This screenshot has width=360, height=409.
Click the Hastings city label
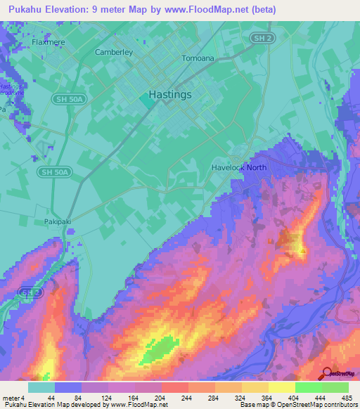click(x=170, y=95)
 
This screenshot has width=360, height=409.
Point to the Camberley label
click(x=114, y=52)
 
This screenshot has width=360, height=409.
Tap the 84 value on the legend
click(x=68, y=398)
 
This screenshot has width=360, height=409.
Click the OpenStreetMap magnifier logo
click(x=327, y=374)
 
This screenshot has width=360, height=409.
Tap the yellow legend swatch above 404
click(x=282, y=387)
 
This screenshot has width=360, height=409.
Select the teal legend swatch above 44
click(x=41, y=387)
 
